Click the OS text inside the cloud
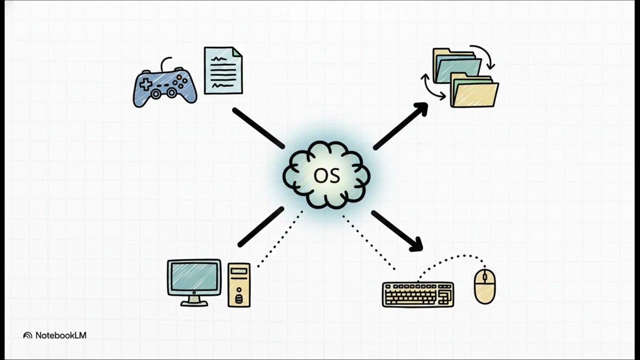click(327, 175)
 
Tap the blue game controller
click(165, 85)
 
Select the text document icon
click(223, 70)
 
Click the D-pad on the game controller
click(145, 84)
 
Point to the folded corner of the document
click(237, 52)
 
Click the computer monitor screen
click(194, 276)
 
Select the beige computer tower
click(239, 285)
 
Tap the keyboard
click(418, 294)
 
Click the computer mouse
click(485, 286)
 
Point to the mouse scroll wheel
click(484, 277)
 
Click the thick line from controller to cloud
click(258, 128)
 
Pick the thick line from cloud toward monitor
click(261, 226)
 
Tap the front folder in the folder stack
click(474, 91)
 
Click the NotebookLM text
click(61, 335)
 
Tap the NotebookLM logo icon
click(27, 335)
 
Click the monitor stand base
click(194, 303)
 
